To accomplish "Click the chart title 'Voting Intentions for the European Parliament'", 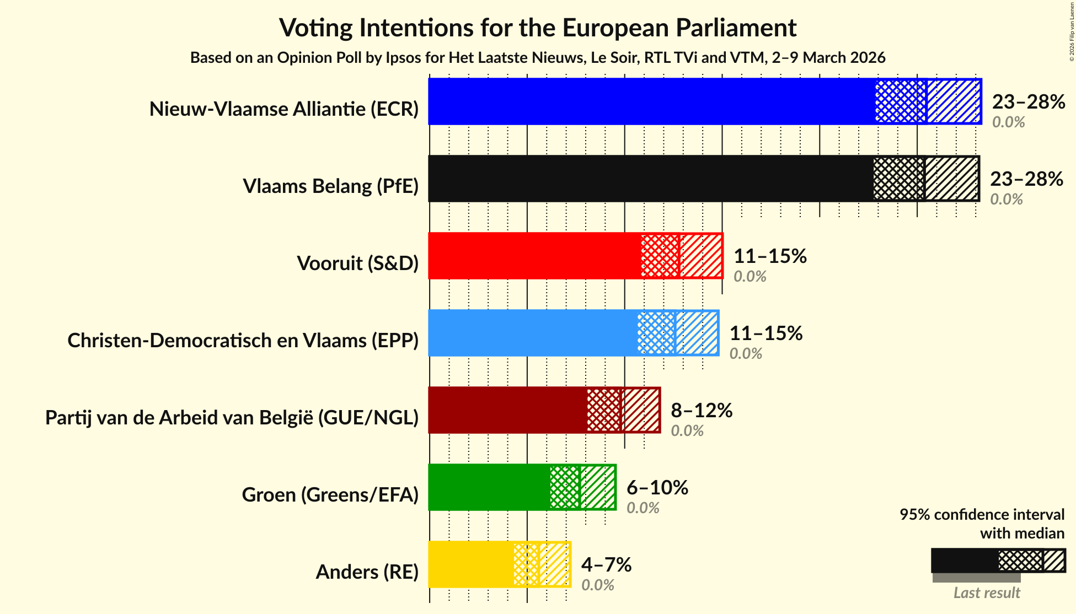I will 538,28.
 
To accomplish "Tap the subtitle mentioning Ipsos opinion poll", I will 538,58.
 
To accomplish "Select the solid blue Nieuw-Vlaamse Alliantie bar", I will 651,101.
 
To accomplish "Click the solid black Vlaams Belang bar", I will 651,179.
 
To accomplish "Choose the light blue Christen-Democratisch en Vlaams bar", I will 532,333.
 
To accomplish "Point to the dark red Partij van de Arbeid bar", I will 507,410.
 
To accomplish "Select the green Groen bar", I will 489,487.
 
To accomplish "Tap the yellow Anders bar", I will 470,564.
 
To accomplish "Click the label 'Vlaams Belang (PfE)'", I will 330,186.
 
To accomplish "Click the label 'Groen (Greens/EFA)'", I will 330,495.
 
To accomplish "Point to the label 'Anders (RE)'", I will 367,572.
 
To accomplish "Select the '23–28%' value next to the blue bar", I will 1029,102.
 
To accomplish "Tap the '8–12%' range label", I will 702,411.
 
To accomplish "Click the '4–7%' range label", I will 606,565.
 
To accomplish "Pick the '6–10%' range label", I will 657,488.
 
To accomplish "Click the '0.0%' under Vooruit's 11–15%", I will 750,277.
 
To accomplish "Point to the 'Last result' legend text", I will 987,593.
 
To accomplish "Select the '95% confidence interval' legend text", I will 982,515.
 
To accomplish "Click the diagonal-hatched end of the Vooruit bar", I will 700,256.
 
